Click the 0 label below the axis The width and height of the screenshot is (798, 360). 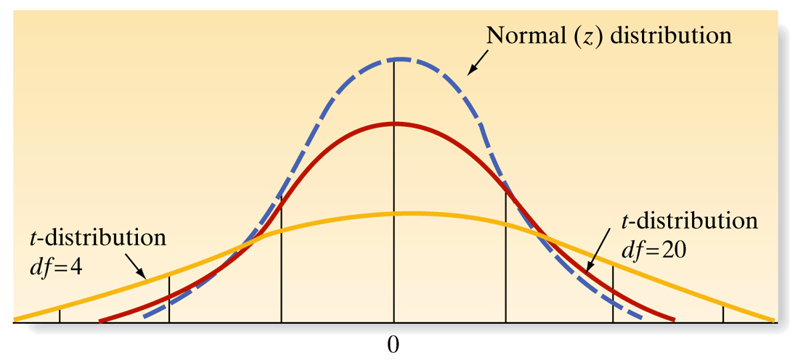coord(394,344)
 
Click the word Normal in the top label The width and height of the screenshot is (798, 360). coord(520,35)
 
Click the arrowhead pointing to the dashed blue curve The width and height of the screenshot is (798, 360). coord(469,72)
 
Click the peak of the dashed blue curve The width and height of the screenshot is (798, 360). coord(394,60)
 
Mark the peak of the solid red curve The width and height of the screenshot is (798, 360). coord(394,123)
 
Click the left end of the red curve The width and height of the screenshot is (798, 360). coord(99,320)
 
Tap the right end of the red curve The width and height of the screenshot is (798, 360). coord(675,319)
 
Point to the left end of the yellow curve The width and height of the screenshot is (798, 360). coord(15,319)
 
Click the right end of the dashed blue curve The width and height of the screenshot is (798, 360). coord(643,318)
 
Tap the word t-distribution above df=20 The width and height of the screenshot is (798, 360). coord(690,220)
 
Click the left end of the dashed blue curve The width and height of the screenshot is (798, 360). coord(144,317)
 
